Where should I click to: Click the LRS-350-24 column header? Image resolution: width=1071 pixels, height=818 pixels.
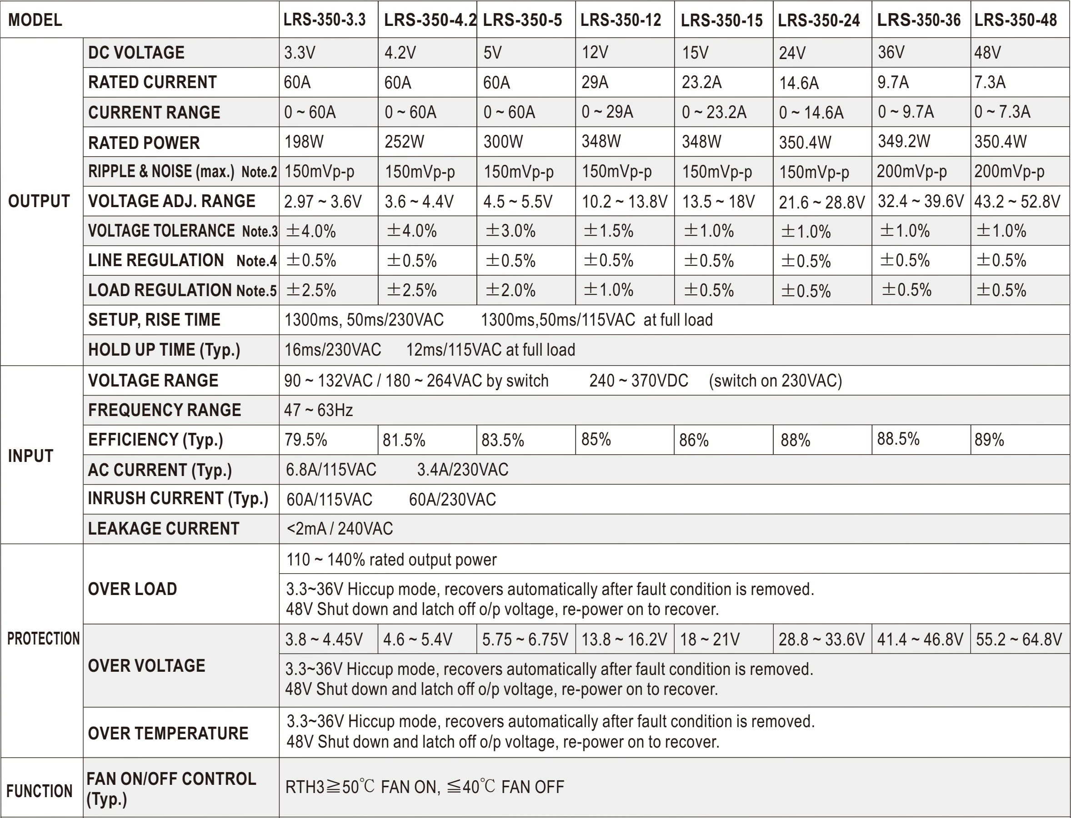click(819, 20)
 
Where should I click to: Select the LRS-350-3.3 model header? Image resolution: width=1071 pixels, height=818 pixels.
click(325, 20)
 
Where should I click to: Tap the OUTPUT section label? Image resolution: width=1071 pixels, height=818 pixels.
click(39, 201)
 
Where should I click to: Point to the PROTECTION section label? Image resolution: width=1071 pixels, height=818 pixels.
click(43, 638)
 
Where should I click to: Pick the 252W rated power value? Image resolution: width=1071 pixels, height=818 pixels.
click(404, 142)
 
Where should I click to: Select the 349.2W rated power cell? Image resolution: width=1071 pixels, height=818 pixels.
click(903, 141)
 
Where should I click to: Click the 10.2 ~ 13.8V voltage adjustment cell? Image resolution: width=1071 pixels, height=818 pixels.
click(624, 201)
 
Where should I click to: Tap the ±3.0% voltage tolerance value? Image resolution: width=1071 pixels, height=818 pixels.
click(510, 231)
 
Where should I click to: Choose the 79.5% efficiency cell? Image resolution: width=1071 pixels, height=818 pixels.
click(305, 440)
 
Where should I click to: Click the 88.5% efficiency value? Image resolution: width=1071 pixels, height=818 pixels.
click(898, 439)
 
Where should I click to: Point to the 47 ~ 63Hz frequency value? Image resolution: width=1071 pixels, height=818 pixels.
click(318, 410)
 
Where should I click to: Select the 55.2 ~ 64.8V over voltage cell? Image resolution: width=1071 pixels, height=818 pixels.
click(1018, 639)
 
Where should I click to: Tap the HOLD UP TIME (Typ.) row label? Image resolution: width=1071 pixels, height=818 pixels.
click(164, 350)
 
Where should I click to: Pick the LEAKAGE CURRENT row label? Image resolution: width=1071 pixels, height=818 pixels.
click(163, 528)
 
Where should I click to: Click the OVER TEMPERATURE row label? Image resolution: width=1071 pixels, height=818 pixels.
click(168, 733)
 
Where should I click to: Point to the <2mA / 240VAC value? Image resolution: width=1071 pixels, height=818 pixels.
click(340, 528)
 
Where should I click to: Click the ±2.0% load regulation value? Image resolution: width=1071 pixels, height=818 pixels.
click(510, 290)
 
